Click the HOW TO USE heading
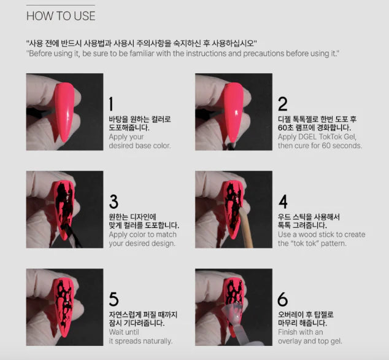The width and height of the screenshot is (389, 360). (x=61, y=16)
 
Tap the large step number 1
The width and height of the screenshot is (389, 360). (x=110, y=104)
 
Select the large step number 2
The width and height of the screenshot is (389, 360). (x=283, y=104)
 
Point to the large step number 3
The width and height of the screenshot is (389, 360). (x=114, y=202)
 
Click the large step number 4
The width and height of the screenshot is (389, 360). (x=283, y=202)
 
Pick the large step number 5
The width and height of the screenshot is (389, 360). (x=114, y=299)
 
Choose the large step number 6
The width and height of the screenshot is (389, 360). (x=283, y=299)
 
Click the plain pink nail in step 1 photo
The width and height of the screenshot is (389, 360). (x=64, y=112)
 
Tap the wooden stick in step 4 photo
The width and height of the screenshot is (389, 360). (x=246, y=227)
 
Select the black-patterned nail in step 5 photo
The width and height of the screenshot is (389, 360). (x=64, y=308)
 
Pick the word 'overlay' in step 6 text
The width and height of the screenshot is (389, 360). (x=290, y=341)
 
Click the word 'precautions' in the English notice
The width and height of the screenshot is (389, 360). (x=263, y=53)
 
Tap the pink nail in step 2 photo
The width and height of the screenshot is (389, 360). (x=233, y=112)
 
